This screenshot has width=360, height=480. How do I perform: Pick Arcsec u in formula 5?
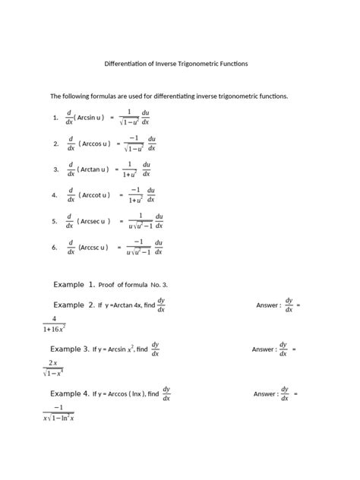pos(94,221)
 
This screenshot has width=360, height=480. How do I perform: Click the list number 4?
pos(55,195)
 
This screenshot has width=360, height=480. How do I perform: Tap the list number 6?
pos(55,247)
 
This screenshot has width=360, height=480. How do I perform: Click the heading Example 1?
pos(74,284)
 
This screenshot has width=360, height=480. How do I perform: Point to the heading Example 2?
pos(74,305)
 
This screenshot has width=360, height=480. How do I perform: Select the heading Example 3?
pos(70,349)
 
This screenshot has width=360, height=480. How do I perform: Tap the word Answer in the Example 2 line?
pos(268,305)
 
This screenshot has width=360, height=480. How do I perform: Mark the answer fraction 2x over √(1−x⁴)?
pos(53,368)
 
